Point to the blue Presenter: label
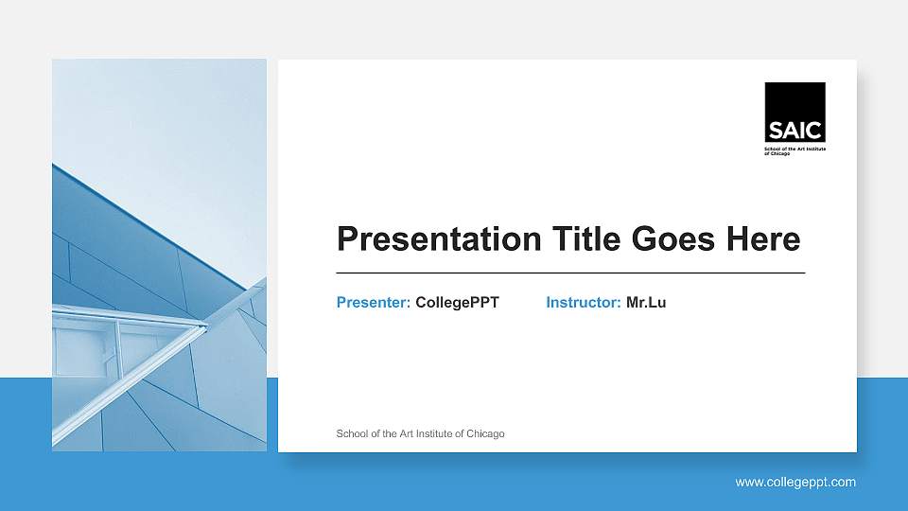click(x=374, y=303)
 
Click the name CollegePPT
click(x=457, y=303)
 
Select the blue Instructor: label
click(x=584, y=303)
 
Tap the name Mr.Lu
click(x=646, y=303)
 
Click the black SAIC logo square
click(x=794, y=112)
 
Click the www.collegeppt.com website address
click(x=795, y=482)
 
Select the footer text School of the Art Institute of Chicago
click(x=420, y=433)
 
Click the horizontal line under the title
click(x=570, y=273)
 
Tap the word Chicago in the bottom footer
click(x=485, y=433)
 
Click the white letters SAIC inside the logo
click(x=794, y=132)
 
